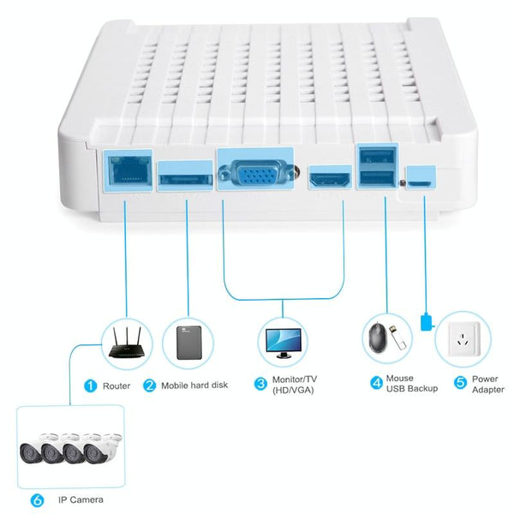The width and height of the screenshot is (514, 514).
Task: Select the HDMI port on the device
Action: (328, 178)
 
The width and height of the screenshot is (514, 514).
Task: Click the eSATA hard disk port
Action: (184, 176)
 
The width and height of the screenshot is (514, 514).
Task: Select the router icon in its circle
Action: (127, 342)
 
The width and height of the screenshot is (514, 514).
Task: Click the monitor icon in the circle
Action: (284, 340)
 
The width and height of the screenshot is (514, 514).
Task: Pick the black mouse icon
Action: (378, 336)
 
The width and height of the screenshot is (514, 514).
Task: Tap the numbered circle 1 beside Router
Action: (89, 385)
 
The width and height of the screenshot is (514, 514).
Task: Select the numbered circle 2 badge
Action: (149, 385)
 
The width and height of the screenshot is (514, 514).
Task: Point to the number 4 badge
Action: (375, 383)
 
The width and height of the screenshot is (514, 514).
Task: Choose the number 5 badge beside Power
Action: (460, 383)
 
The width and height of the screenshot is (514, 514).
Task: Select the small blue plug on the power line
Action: (427, 322)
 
